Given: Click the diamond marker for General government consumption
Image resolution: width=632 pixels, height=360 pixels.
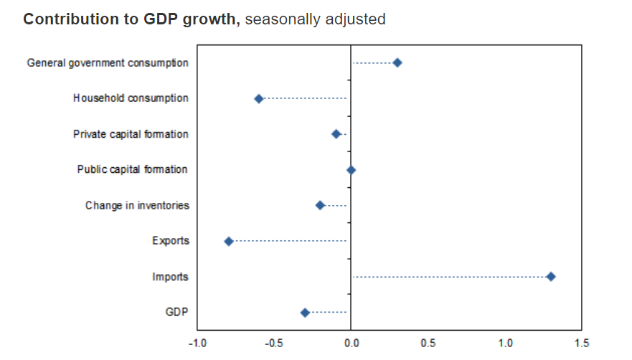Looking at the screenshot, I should pyautogui.click(x=397, y=62).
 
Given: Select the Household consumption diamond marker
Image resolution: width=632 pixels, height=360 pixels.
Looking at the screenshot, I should pyautogui.click(x=259, y=98).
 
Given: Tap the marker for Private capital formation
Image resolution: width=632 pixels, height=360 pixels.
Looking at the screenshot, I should pyautogui.click(x=336, y=134).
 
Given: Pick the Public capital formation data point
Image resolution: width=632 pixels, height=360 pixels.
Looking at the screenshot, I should pyautogui.click(x=351, y=170).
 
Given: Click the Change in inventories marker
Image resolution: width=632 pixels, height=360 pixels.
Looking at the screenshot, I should pyautogui.click(x=321, y=205).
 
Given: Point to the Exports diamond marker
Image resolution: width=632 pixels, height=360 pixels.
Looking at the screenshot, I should pyautogui.click(x=229, y=241).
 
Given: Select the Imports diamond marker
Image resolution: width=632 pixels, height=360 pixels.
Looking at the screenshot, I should pyautogui.click(x=551, y=277).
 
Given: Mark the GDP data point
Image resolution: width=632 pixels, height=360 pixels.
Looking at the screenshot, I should pyautogui.click(x=305, y=313).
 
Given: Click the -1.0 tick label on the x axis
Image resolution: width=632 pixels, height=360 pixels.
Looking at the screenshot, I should pyautogui.click(x=197, y=344).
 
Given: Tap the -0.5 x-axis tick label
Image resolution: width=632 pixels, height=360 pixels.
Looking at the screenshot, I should pyautogui.click(x=273, y=344).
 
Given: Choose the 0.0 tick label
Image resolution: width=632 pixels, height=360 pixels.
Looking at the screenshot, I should pyautogui.click(x=351, y=344).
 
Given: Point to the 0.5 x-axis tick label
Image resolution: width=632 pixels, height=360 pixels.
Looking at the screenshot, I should pyautogui.click(x=428, y=344).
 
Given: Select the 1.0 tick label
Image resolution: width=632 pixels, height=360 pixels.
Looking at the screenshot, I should pyautogui.click(x=505, y=344).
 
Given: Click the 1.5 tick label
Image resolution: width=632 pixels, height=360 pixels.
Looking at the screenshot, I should pyautogui.click(x=582, y=344).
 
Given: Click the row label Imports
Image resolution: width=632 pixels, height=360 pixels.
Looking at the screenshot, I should pyautogui.click(x=171, y=277).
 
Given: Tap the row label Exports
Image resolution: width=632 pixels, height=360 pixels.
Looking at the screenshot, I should pyautogui.click(x=171, y=241).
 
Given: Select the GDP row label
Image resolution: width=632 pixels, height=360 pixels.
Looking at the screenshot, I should pyautogui.click(x=177, y=313).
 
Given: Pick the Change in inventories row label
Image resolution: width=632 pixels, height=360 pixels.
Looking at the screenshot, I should pyautogui.click(x=137, y=206).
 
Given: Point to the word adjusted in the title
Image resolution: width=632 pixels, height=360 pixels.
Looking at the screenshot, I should pyautogui.click(x=356, y=19).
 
